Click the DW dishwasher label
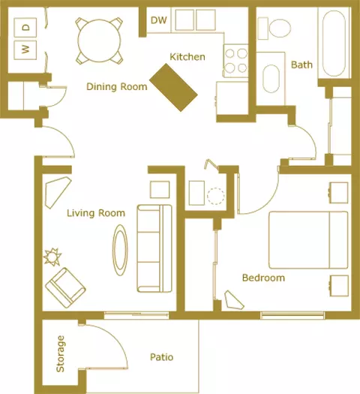(x=159, y=20)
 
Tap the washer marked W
(x=25, y=50)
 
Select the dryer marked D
(x=25, y=27)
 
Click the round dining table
(x=99, y=41)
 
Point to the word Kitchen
(x=187, y=57)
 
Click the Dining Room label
(x=117, y=87)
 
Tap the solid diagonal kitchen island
(x=174, y=87)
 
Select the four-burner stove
(x=235, y=61)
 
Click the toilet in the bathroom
(x=274, y=29)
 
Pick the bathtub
(x=334, y=44)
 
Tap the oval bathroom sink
(x=271, y=79)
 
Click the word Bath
(x=301, y=65)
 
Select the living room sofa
(x=154, y=248)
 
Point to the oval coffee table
(x=120, y=250)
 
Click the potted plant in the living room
(x=52, y=257)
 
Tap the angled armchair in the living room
(x=65, y=287)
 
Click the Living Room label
(x=96, y=213)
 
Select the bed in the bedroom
(x=308, y=240)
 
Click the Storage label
(x=60, y=353)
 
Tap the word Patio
(x=162, y=357)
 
